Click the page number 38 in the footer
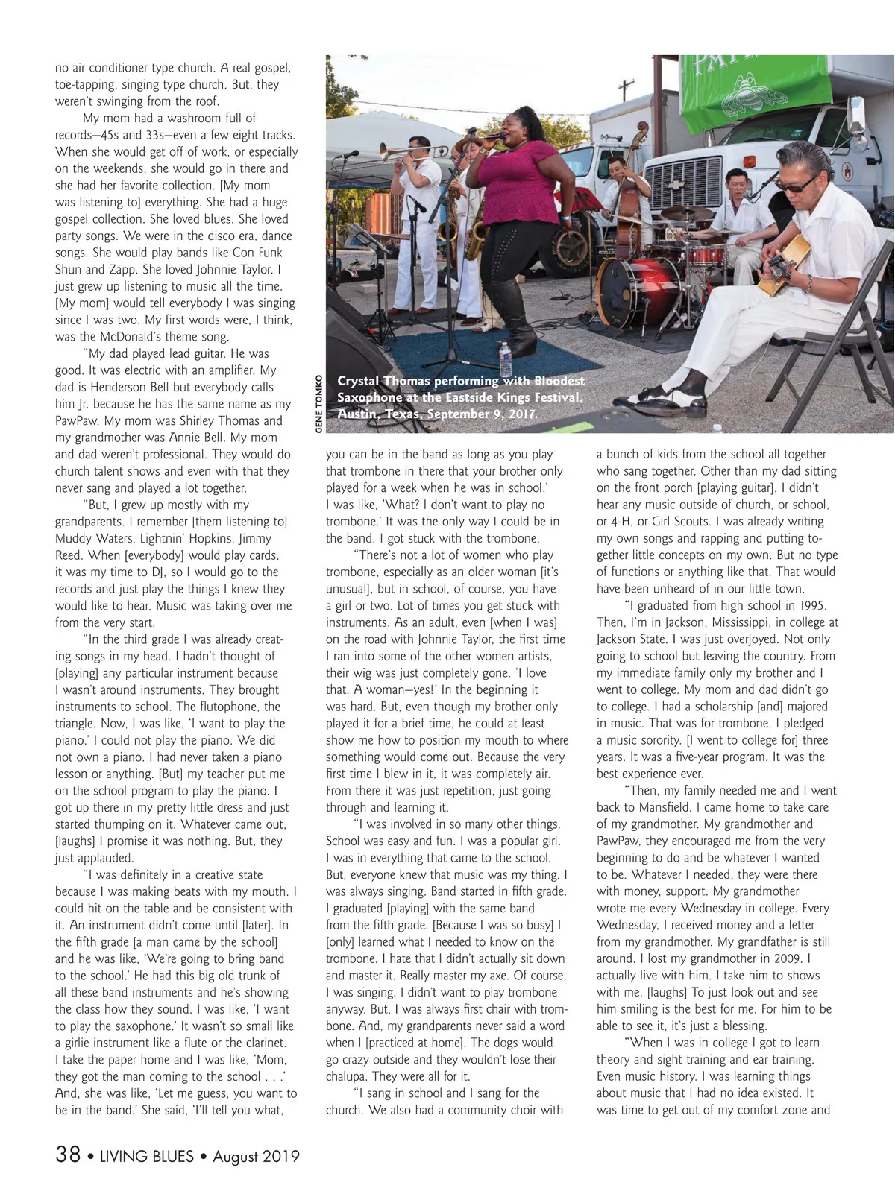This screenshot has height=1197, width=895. click(68, 1155)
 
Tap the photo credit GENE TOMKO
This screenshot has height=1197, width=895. click(318, 403)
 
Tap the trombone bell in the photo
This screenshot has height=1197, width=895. click(386, 152)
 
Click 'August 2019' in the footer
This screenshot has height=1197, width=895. click(256, 1157)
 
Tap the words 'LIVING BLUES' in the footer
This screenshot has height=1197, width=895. click(147, 1157)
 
